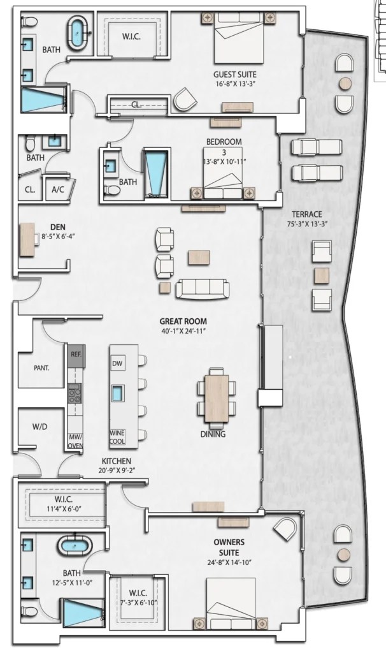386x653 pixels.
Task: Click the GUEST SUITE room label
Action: [234, 75]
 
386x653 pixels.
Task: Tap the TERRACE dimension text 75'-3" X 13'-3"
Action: [307, 224]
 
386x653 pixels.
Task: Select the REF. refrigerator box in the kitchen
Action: [76, 355]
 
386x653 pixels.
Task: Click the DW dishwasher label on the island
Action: [117, 363]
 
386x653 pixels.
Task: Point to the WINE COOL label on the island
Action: [117, 437]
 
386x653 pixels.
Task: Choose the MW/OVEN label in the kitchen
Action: [76, 441]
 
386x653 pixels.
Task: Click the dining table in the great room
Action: [217, 398]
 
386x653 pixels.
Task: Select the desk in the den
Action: [27, 240]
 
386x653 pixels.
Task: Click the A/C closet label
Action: [58, 189]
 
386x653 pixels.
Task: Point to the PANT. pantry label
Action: [41, 368]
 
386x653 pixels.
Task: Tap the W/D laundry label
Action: [40, 427]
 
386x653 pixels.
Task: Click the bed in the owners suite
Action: [231, 603]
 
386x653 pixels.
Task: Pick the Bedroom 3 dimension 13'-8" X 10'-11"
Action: [224, 161]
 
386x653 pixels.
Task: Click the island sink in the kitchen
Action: [118, 393]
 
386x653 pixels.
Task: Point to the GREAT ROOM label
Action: [183, 321]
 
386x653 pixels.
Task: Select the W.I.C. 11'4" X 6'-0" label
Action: [63, 504]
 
